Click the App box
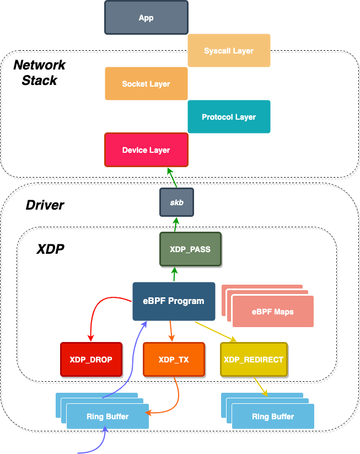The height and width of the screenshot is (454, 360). [146, 18]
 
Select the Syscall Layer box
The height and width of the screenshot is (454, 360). [229, 51]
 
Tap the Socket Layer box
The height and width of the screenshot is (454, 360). [146, 84]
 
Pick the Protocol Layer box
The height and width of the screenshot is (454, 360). [229, 117]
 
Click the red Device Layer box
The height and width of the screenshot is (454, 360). [146, 150]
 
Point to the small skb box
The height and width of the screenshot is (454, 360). [176, 202]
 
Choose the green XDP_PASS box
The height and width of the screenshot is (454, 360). [190, 249]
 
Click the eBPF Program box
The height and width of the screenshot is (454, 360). [174, 301]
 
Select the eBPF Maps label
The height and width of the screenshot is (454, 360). [272, 312]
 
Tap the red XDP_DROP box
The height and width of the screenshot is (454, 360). [91, 360]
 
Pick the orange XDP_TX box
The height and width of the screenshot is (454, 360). [174, 360]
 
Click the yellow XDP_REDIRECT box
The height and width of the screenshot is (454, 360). [254, 360]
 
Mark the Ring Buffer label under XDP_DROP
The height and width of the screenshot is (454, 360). [108, 416]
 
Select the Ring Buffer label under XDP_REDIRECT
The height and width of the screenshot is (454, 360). [273, 416]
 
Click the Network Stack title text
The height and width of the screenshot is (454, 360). [39, 72]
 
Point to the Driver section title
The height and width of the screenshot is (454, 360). [45, 206]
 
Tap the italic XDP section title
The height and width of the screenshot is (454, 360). [50, 249]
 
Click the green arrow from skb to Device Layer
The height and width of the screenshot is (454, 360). [172, 178]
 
